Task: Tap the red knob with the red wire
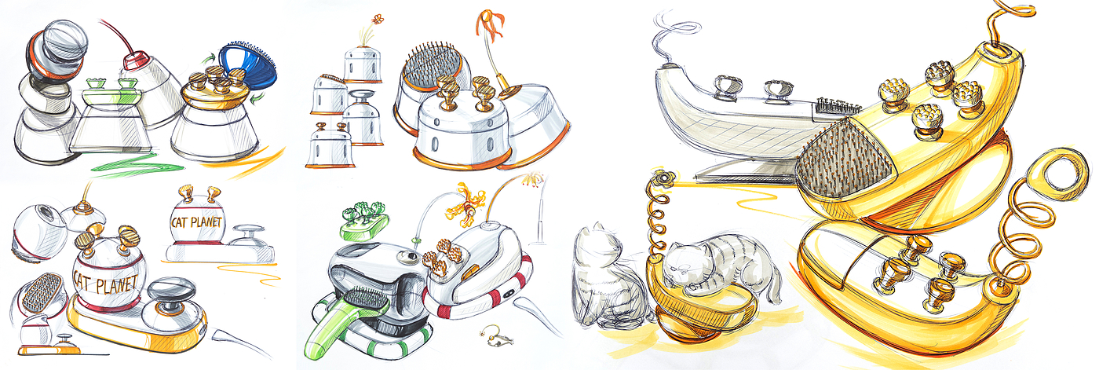click(x=134, y=61)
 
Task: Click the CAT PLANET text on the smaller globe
click(x=196, y=222)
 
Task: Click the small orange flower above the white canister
click(x=378, y=19)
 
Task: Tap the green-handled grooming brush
click(x=344, y=319)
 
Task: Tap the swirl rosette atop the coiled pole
click(x=663, y=178)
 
